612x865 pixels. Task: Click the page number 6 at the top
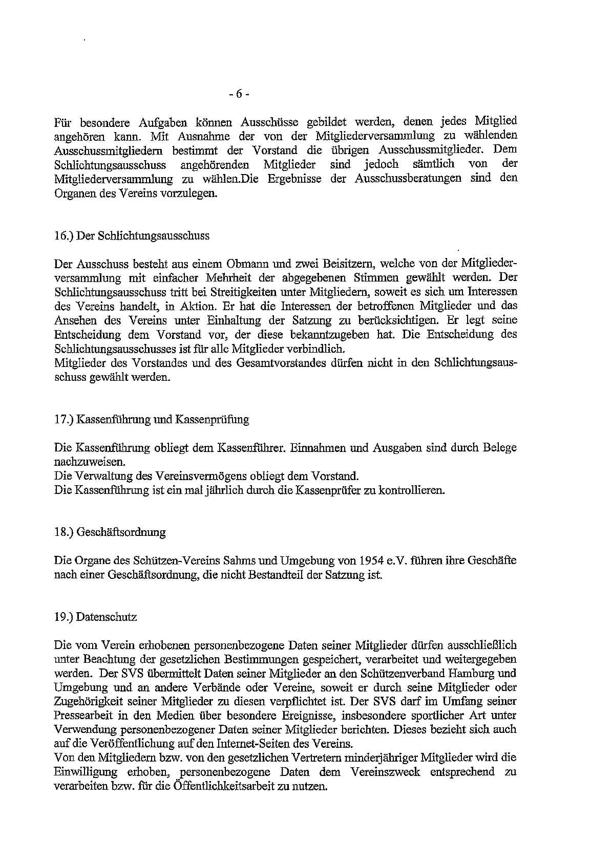tap(239, 94)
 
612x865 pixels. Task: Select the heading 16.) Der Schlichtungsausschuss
tap(132, 236)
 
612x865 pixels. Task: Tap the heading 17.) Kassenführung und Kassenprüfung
tap(152, 419)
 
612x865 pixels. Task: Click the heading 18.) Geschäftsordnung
tap(110, 532)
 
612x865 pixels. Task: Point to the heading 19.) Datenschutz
tap(95, 617)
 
